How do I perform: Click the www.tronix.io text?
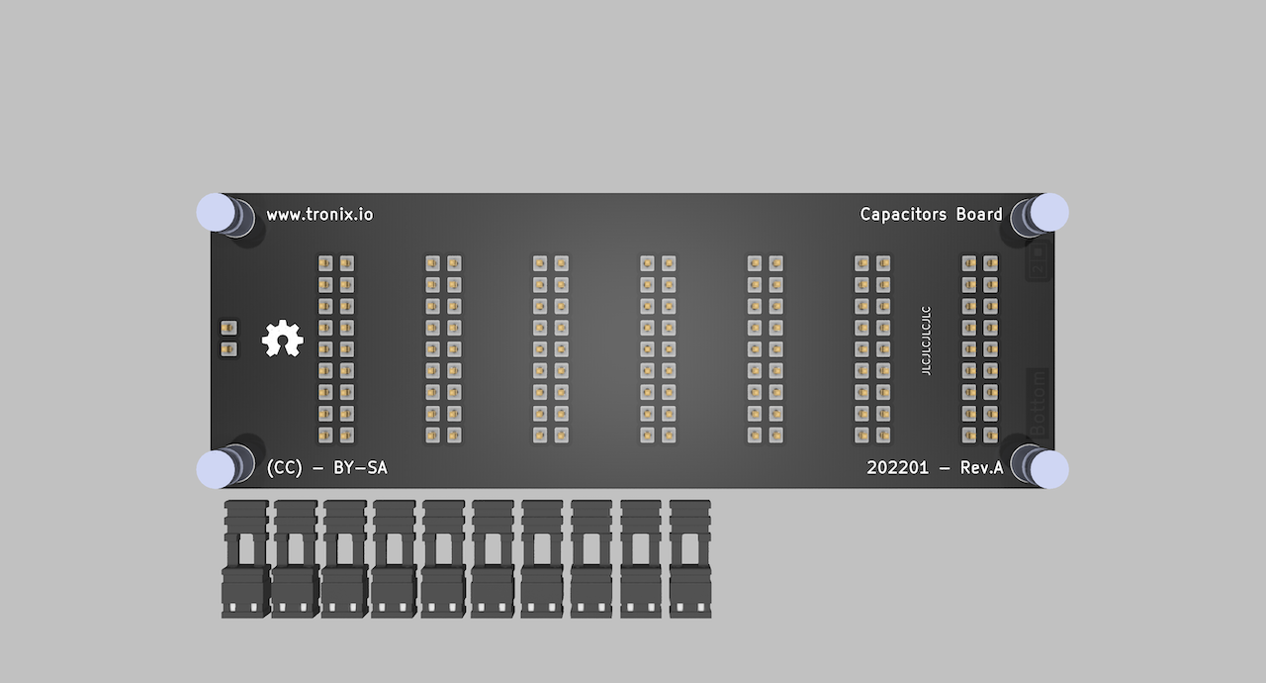pos(319,214)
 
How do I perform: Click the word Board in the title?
pos(979,214)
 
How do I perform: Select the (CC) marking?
pos(284,468)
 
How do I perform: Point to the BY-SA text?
pos(360,468)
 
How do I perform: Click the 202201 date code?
pos(898,468)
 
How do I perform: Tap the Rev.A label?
pos(981,468)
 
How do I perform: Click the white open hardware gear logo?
pos(282,339)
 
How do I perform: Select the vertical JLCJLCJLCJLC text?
pos(926,341)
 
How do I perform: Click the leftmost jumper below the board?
pos(245,559)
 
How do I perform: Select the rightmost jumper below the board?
pos(690,559)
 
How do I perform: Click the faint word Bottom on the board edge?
pos(1038,402)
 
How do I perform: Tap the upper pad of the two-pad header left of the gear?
pos(228,328)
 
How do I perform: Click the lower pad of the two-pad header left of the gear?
pos(228,349)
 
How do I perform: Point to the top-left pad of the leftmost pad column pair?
pos(325,263)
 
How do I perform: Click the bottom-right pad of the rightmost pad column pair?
pos(990,435)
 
